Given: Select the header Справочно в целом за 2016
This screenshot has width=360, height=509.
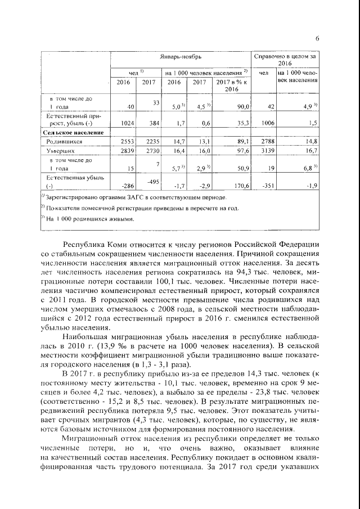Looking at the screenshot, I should click(286, 61).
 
